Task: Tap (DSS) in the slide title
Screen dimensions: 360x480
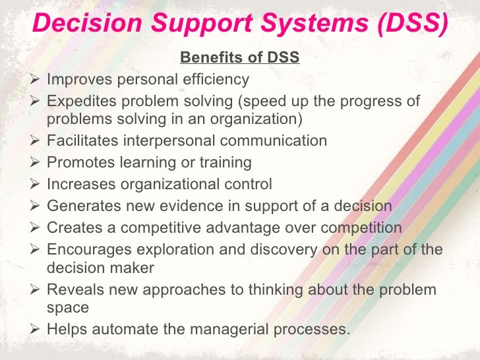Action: coord(410,24)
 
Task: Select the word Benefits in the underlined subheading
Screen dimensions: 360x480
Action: coord(210,58)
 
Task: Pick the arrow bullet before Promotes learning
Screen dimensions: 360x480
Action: coord(38,162)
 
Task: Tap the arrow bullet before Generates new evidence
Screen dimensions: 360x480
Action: coord(38,206)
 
